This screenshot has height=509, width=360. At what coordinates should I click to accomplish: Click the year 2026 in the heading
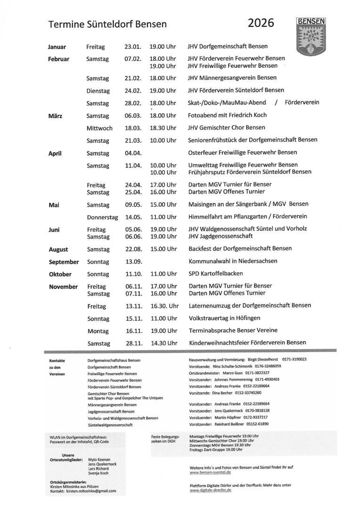[x=261, y=23]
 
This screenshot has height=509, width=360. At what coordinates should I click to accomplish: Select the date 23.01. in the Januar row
[x=132, y=47]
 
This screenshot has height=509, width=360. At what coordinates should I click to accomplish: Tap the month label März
[x=55, y=115]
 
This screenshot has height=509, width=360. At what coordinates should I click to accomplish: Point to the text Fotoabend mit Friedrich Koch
[x=227, y=115]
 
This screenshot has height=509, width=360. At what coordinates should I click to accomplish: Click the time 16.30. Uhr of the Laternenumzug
[x=164, y=305]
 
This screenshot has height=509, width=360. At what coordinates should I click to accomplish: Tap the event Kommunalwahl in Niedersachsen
[x=233, y=261]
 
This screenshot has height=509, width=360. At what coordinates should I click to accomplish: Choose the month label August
[x=58, y=249]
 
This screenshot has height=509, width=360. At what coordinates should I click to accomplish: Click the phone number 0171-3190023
[x=295, y=359]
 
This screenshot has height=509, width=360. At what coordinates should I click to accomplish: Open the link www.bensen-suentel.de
[x=210, y=472]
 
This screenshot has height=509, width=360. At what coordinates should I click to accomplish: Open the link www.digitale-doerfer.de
[x=211, y=490]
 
